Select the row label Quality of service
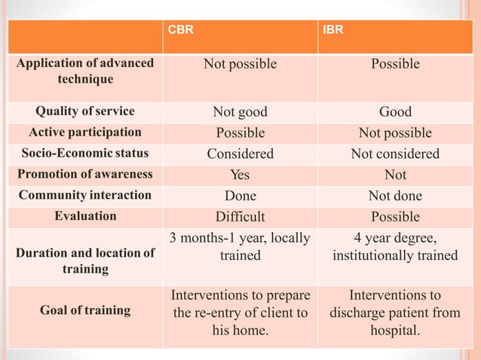(x=85, y=111)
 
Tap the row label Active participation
(x=85, y=133)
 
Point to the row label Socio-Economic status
(x=85, y=154)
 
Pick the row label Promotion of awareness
(x=85, y=175)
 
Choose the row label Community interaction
(x=85, y=196)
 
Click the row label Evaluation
(x=85, y=216)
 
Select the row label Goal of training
(x=85, y=310)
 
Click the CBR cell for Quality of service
(x=240, y=112)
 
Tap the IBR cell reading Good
(x=395, y=112)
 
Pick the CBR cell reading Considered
(x=240, y=154)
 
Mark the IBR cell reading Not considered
(x=395, y=154)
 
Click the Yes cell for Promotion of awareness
(x=240, y=175)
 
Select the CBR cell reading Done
(x=240, y=196)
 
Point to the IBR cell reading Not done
(x=395, y=196)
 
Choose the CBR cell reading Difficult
(x=240, y=217)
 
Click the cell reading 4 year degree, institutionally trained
(x=395, y=247)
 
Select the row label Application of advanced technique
(x=85, y=70)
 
